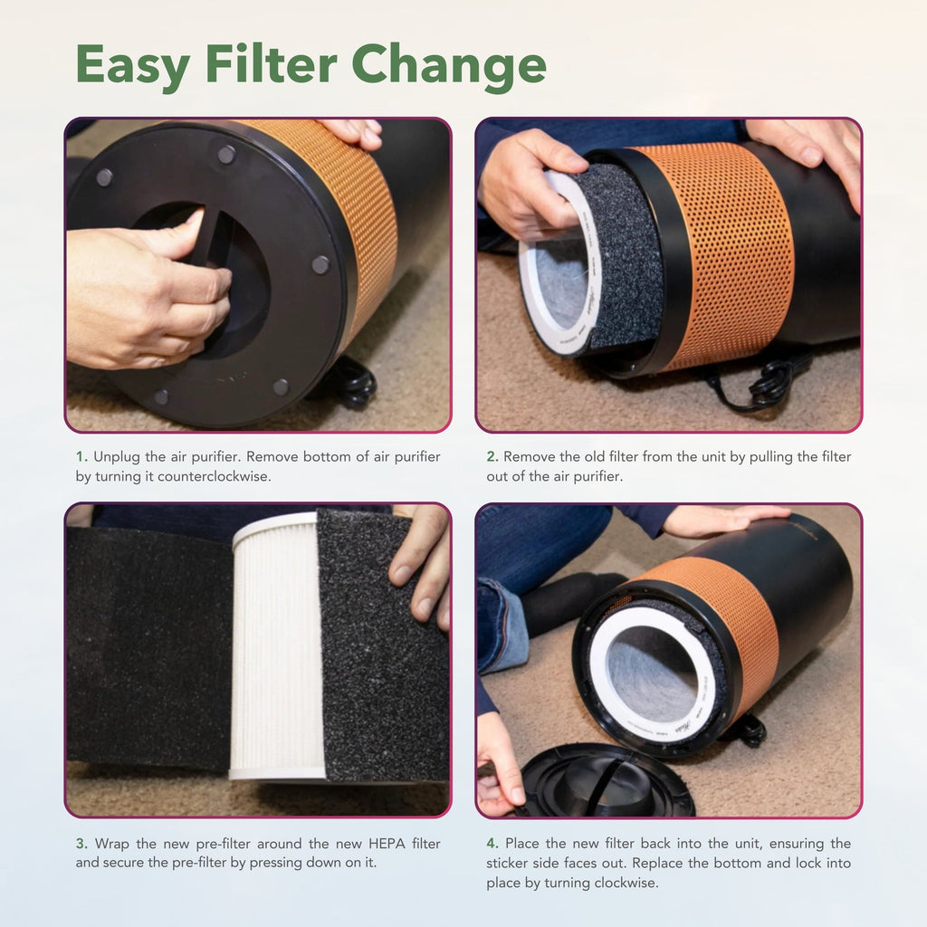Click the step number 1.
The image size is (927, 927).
click(x=81, y=456)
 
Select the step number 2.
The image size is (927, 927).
click(x=492, y=456)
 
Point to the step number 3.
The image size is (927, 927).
click(x=81, y=843)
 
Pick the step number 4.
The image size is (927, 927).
click(x=492, y=843)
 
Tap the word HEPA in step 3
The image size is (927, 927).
click(x=387, y=843)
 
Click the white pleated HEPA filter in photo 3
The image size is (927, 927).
click(x=275, y=646)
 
